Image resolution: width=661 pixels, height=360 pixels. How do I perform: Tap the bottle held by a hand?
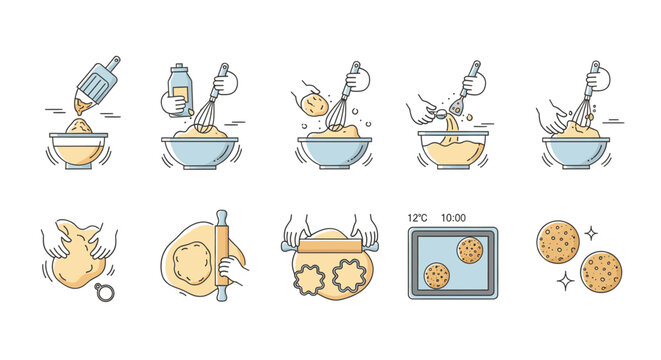point(179,89)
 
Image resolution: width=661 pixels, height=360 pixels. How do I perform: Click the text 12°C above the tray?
point(418,217)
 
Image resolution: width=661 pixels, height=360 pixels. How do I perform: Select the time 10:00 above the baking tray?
point(454,217)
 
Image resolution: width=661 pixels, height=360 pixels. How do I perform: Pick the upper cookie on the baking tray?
point(468,249)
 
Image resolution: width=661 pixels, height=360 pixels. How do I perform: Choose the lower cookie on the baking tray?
point(436,276)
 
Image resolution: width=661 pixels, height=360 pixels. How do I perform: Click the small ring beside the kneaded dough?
point(103,292)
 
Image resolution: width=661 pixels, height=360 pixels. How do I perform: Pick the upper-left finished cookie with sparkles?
point(558,241)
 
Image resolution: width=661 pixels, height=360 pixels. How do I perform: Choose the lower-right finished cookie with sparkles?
point(601,271)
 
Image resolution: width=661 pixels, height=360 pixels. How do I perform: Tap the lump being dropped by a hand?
point(314,103)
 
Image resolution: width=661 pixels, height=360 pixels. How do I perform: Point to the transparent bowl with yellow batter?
point(453,150)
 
